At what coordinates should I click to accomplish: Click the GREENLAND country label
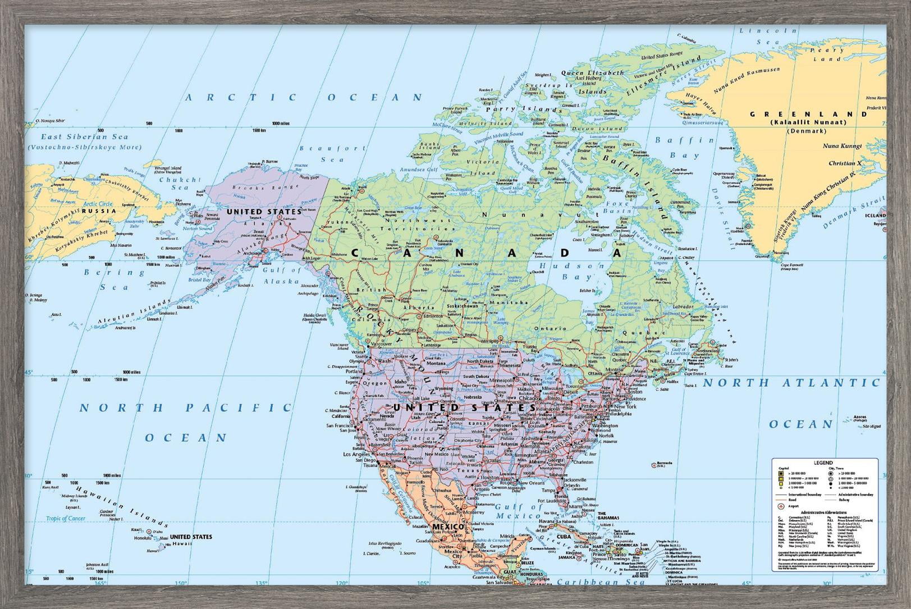point(809,114)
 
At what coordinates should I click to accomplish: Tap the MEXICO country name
point(447,528)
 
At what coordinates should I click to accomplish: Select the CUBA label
point(563,537)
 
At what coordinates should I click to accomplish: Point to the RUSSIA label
point(99,211)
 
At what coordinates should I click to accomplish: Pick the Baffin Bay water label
point(681,147)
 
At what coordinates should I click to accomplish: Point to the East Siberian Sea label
point(85,136)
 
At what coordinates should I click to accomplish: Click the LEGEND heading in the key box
point(823,463)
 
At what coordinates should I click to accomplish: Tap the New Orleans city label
point(530,483)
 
